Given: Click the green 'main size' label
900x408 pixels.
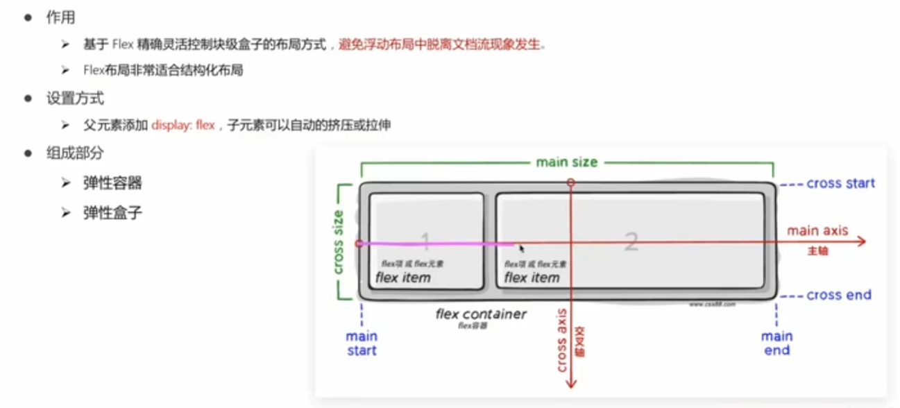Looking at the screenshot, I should [x=566, y=162].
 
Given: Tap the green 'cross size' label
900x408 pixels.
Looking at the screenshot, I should [x=339, y=242].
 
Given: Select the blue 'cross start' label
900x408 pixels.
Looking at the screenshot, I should [x=840, y=184].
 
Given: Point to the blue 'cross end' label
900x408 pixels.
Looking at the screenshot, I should [x=838, y=296].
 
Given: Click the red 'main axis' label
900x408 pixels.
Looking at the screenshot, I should [x=817, y=230].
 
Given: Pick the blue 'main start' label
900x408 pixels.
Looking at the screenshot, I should [x=362, y=343].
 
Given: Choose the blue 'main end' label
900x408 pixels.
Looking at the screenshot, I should [x=776, y=343].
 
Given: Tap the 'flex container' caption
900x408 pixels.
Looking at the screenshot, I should [x=481, y=314].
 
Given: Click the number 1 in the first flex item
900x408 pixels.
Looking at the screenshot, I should [x=425, y=241].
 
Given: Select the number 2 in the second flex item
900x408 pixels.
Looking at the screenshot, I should [x=631, y=241].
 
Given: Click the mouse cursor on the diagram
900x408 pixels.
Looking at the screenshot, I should [x=522, y=248].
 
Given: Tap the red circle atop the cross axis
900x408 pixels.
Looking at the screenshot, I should [x=570, y=182].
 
